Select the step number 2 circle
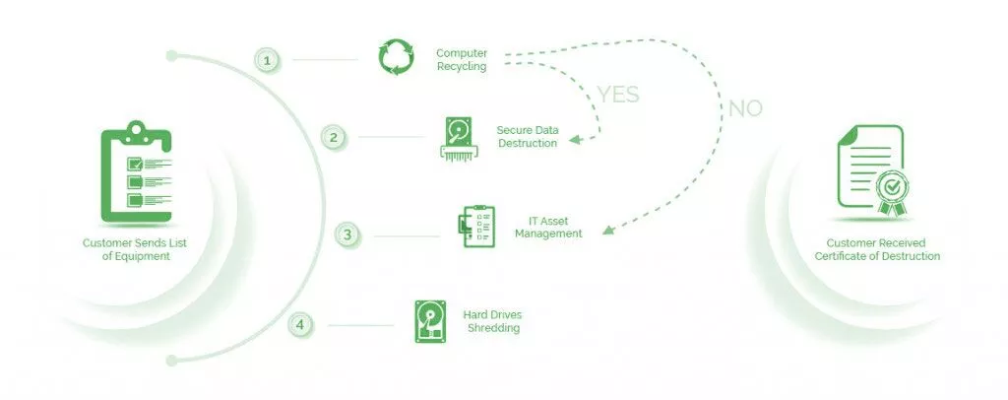pos(334,137)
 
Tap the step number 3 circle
pos(346,234)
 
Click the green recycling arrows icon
pos(397,57)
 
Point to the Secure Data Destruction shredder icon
pos(459,138)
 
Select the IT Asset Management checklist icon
pos(477,227)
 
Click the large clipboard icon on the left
pos(138,173)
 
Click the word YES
pos(617,95)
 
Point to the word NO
pos(745,108)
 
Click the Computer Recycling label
pos(462,59)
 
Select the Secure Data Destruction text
pos(527,136)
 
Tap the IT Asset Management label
pos(548,227)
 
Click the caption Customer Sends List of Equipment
pos(137,249)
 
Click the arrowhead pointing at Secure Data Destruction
pos(576,141)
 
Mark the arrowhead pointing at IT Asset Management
pos(608,232)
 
